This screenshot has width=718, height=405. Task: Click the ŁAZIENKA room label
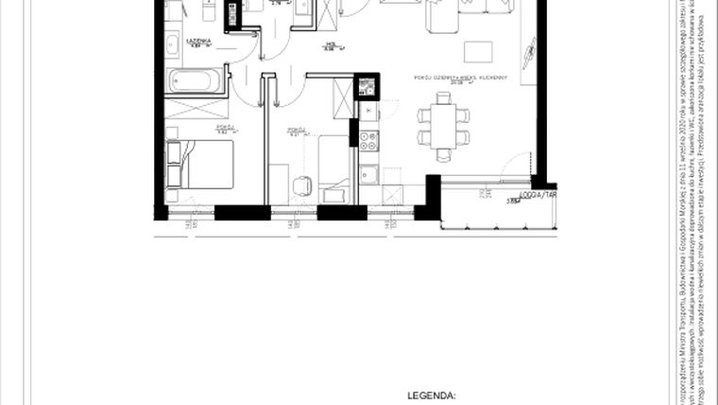tap(197, 43)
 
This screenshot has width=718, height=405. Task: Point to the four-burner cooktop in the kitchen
tap(368, 142)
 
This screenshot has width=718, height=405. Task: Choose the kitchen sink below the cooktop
tap(368, 174)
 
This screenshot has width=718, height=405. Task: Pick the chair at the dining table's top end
tap(441, 100)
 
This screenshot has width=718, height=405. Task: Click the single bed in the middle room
tap(333, 169)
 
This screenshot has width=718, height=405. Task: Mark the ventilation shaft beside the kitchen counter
tap(366, 87)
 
